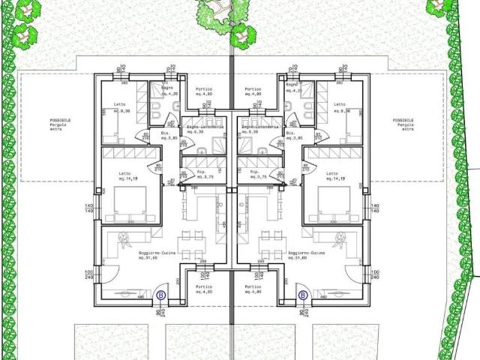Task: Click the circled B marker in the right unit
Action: [303, 295]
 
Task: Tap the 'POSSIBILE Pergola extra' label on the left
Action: [61, 124]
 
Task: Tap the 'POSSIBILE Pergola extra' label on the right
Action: [403, 124]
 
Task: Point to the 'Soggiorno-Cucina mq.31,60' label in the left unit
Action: [156, 256]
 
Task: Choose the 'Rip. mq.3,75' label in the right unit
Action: [259, 175]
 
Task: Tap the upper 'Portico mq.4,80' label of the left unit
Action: [204, 92]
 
